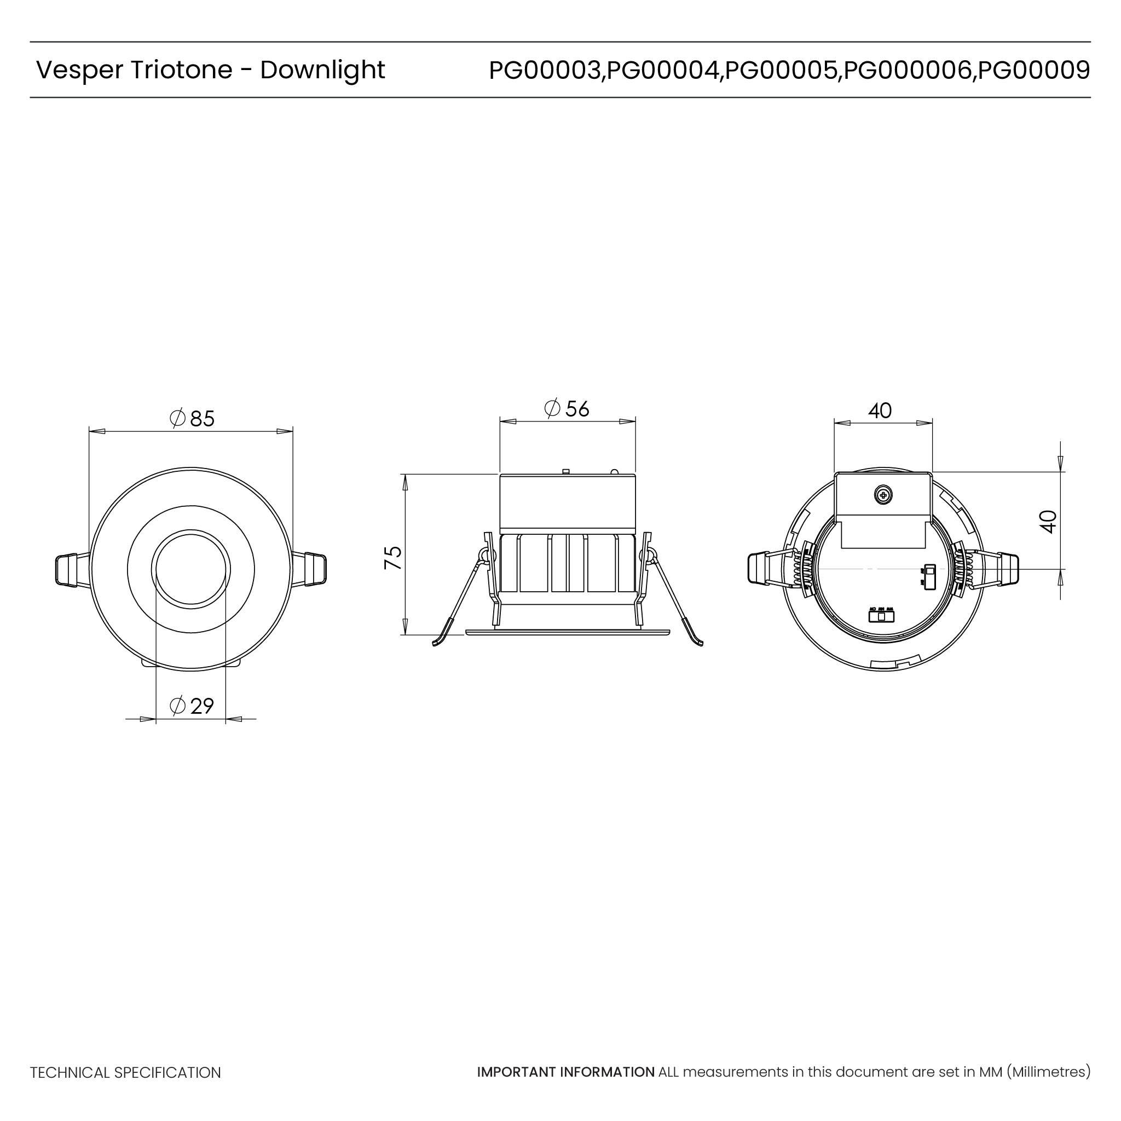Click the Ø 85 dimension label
[192, 418]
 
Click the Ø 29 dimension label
[192, 706]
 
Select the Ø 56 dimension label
[567, 408]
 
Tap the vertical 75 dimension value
[394, 557]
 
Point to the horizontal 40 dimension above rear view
[880, 411]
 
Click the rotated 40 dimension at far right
[1048, 522]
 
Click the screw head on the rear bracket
[883, 495]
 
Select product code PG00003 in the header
[544, 70]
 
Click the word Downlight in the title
[322, 70]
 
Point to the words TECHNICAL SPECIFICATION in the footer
[125, 1073]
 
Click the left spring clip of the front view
[68, 570]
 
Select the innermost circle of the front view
[191, 569]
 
